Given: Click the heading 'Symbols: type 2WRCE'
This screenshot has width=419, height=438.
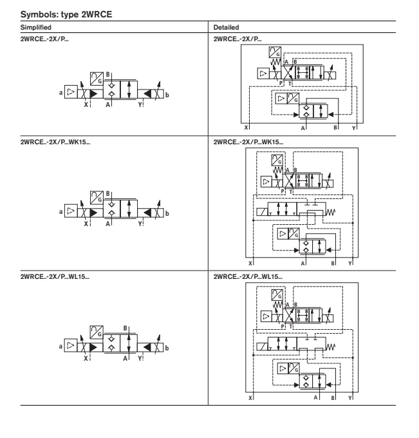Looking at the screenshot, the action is [x=66, y=14].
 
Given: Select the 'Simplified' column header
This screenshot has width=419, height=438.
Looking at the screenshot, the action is [x=36, y=27].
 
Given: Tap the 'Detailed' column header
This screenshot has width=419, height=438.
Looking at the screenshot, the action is [x=226, y=27].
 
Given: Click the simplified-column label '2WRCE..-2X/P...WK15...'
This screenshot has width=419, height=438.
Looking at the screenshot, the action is [x=55, y=142].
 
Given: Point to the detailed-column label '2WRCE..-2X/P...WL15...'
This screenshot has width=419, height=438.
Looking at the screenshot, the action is [x=248, y=276].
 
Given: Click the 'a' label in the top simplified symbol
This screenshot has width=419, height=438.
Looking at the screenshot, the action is [x=61, y=93].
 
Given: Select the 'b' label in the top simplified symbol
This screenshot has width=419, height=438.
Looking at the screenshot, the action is [x=167, y=95].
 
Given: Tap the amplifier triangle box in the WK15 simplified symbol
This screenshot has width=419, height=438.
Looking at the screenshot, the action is [x=71, y=211].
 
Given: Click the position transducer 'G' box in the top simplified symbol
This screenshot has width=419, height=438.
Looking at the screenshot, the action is [x=97, y=79].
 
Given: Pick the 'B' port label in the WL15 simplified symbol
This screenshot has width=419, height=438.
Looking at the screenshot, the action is [x=126, y=328].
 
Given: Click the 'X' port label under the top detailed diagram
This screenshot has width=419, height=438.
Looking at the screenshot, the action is [x=246, y=128].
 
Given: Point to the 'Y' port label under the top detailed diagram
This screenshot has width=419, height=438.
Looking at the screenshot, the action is [x=353, y=128].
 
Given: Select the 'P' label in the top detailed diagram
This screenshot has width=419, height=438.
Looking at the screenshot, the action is [x=281, y=83].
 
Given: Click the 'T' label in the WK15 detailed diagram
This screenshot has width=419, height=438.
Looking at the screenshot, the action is [x=290, y=192].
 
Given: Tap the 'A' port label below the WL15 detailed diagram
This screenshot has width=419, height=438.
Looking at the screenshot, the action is [x=316, y=397].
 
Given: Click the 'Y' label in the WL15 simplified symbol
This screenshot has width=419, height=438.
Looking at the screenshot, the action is [x=140, y=358].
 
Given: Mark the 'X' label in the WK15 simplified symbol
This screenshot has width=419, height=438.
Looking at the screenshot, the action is [x=86, y=224].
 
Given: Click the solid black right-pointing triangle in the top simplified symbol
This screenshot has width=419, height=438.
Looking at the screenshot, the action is [x=94, y=94].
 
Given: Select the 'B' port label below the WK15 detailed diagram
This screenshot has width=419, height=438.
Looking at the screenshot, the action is [x=333, y=263].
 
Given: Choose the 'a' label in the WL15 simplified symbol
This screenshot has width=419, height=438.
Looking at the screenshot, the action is [x=61, y=347].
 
